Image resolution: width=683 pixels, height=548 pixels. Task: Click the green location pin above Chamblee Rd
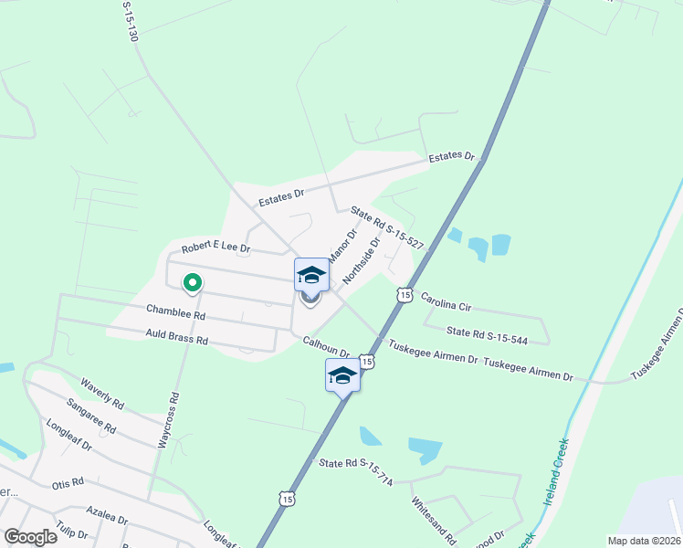[192, 283]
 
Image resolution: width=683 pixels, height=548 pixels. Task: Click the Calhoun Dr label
[327, 347]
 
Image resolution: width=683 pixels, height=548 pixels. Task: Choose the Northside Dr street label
[361, 259]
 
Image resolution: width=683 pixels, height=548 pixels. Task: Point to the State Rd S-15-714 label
[356, 469]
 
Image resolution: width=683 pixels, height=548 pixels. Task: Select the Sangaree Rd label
[90, 415]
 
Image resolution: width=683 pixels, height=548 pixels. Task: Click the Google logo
[30, 536]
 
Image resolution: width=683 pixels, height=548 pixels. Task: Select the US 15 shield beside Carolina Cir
[404, 293]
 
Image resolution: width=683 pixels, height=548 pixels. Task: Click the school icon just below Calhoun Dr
[342, 375]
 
